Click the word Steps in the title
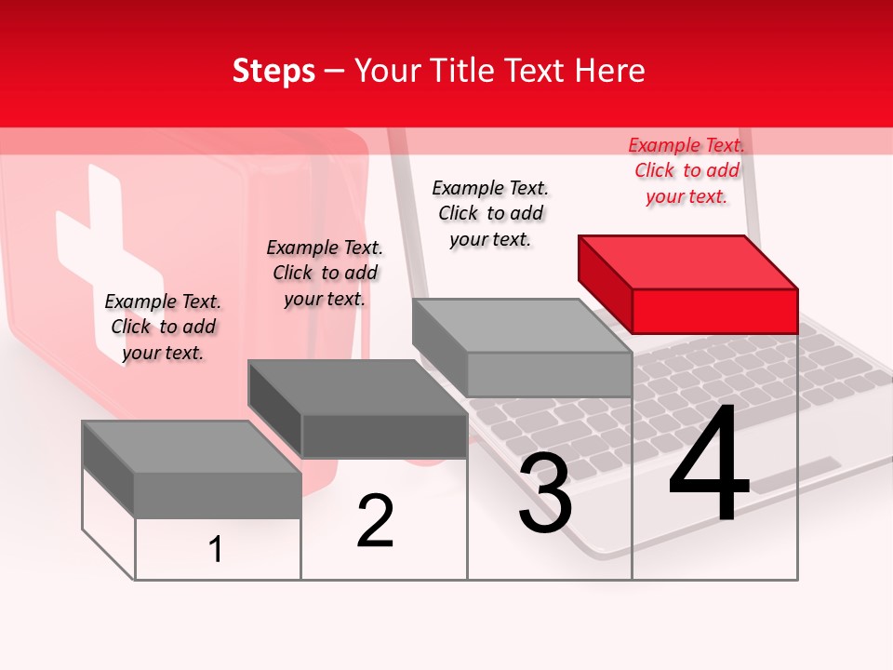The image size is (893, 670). point(273,71)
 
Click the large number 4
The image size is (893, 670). point(709,465)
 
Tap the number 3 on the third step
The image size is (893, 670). point(545,493)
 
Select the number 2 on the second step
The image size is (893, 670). point(375,521)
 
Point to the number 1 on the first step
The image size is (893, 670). point(216,549)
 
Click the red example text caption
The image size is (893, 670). point(686,170)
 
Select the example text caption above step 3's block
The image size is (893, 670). point(490,213)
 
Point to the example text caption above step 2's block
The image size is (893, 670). point(325,273)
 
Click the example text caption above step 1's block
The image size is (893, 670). point(163,327)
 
